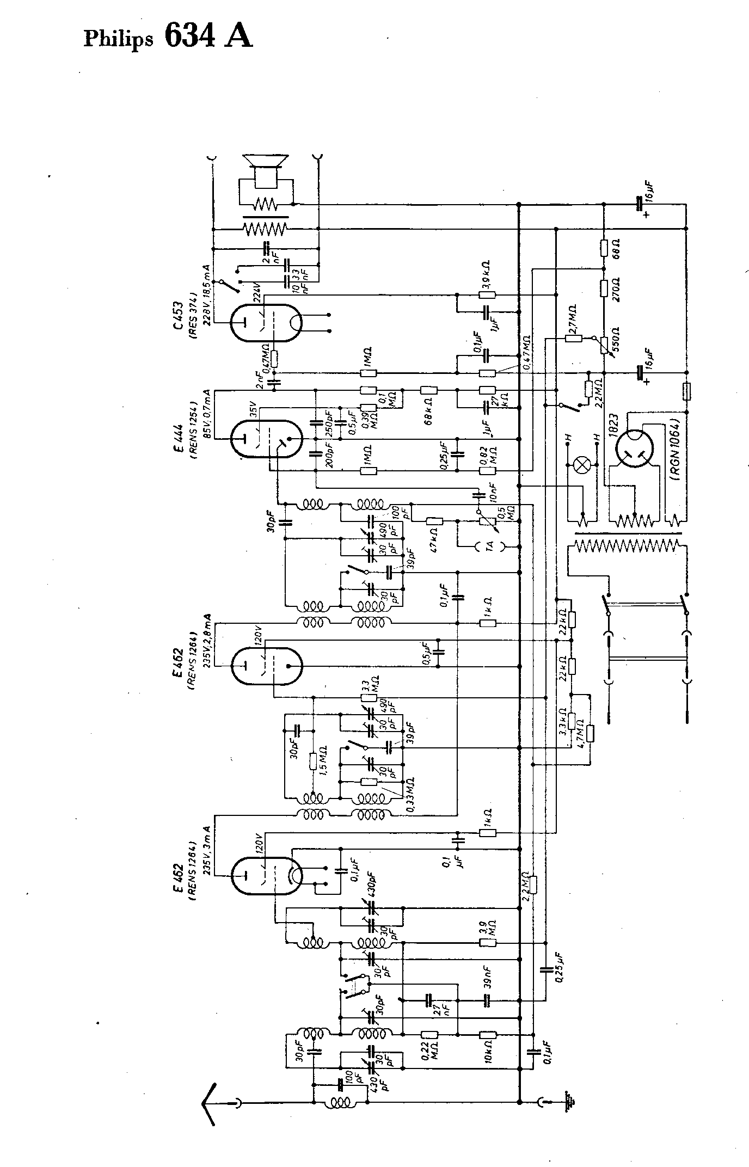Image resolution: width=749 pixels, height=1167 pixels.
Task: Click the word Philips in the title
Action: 118,40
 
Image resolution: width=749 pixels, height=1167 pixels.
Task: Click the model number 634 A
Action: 208,37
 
